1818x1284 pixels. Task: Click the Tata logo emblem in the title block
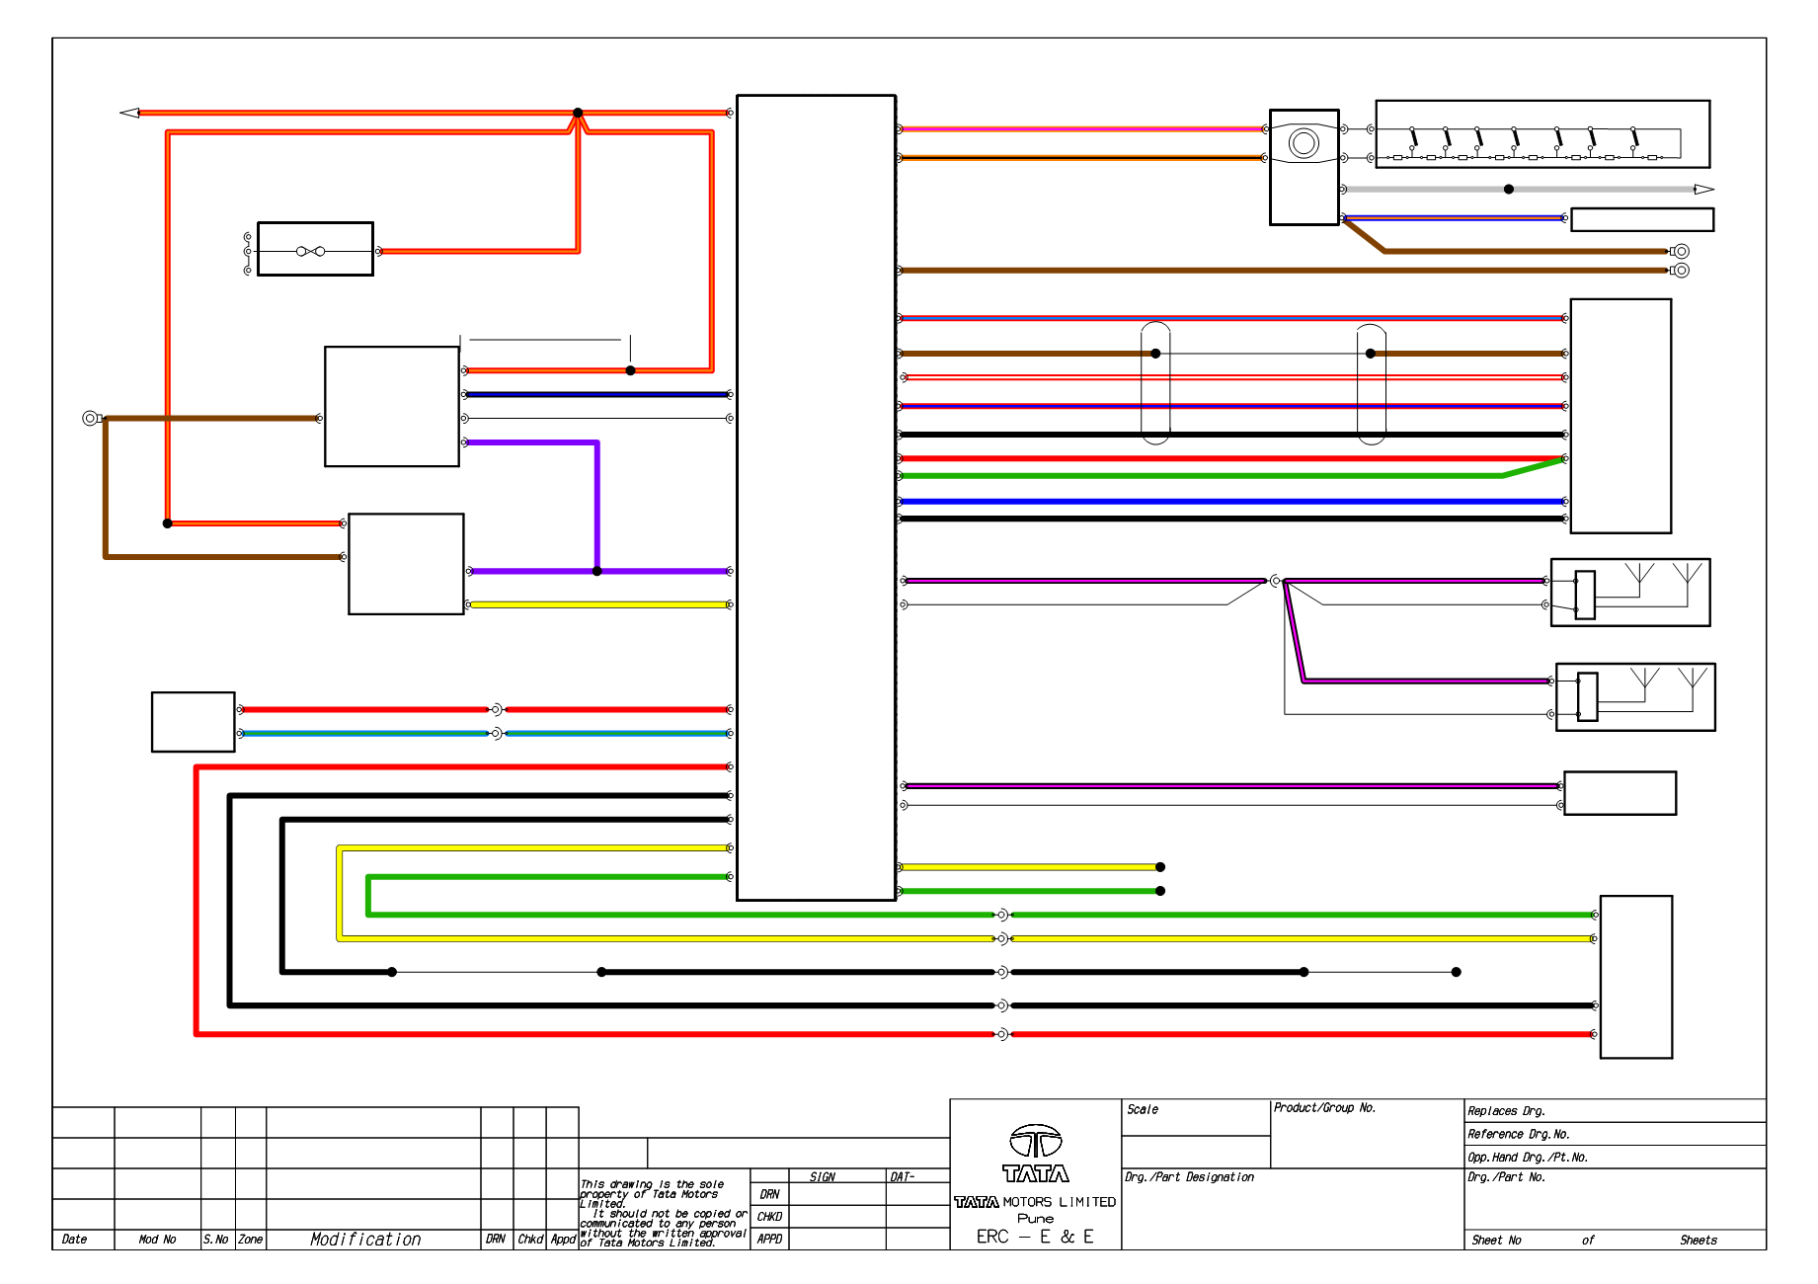click(1035, 1142)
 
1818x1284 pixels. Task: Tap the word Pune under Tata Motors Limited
click(1035, 1219)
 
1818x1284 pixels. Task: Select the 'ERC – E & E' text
click(1035, 1237)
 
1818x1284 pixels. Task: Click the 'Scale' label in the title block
click(1143, 1109)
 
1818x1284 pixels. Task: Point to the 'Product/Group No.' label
click(1324, 1108)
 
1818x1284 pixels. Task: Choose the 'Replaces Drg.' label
click(1506, 1111)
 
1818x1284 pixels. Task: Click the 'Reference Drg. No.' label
click(1518, 1135)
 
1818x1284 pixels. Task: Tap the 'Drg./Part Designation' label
click(1189, 1177)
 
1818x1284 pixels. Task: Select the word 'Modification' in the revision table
click(365, 1240)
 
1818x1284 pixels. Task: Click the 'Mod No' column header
click(157, 1240)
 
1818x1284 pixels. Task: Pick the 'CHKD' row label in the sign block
click(769, 1217)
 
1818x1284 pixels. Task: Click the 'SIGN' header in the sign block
click(822, 1177)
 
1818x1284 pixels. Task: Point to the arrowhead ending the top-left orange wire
click(129, 113)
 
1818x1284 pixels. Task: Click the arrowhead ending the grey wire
click(1704, 189)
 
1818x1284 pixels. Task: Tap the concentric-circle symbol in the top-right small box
click(1304, 143)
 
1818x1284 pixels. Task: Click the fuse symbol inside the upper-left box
click(310, 251)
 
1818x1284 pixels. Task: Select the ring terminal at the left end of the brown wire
click(91, 419)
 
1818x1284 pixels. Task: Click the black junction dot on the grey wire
click(1508, 189)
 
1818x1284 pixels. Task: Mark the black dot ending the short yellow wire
click(1160, 867)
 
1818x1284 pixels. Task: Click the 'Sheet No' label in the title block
click(1496, 1241)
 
